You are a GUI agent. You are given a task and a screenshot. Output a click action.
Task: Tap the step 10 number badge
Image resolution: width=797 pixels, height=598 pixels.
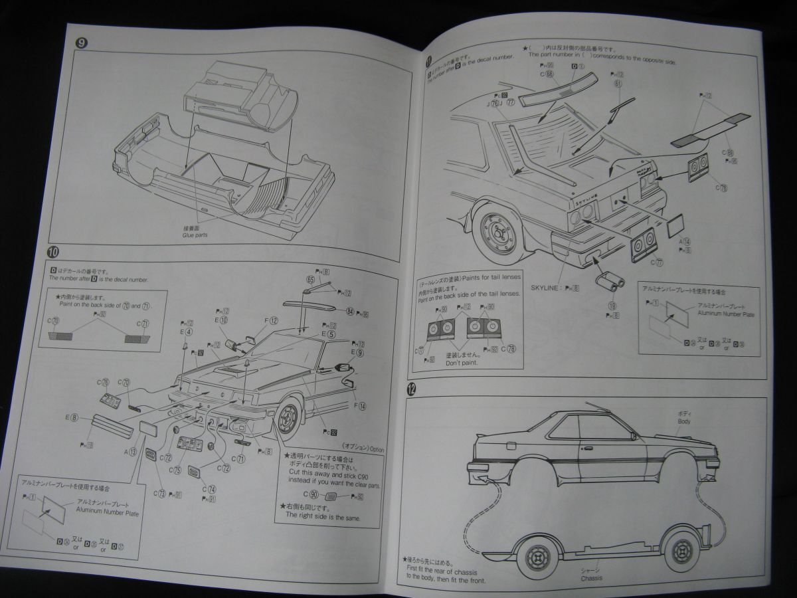(54, 251)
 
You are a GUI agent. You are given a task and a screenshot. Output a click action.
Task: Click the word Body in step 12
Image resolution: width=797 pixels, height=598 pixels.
(684, 421)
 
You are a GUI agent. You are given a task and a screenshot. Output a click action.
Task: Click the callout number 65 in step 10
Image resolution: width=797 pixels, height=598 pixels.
(310, 280)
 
